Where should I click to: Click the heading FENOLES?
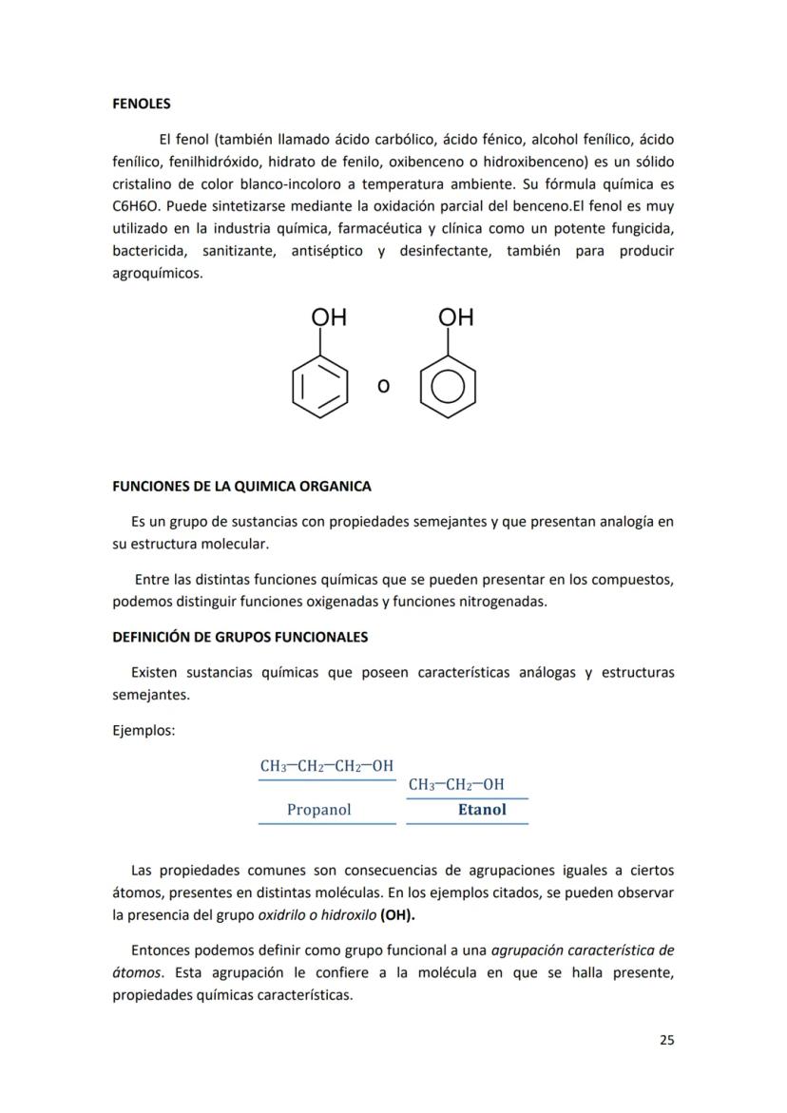point(142,104)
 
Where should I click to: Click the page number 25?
point(666,1040)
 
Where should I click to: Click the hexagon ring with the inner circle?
point(448,387)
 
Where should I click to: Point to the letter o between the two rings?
point(383,386)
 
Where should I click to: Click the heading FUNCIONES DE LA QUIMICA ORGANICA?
point(241,487)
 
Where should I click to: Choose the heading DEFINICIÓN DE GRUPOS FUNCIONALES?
point(240,637)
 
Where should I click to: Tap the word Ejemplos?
point(144,731)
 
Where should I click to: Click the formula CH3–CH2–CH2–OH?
point(327,766)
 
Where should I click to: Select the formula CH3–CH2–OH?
point(456,784)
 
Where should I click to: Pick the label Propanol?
point(318,810)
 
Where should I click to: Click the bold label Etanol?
point(482,810)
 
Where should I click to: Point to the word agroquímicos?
point(157,274)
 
